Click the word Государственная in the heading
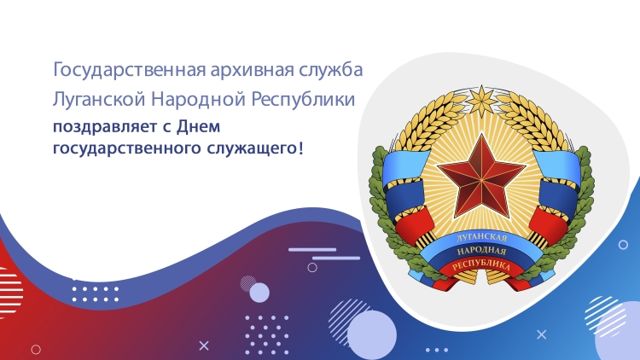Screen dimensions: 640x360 click(x=129, y=70)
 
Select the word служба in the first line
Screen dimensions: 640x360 click(x=330, y=69)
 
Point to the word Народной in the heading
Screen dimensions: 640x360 click(x=198, y=99)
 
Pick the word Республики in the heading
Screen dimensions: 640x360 click(x=302, y=101)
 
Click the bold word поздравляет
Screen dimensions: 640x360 click(x=106, y=127)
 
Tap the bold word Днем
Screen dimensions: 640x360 click(x=198, y=126)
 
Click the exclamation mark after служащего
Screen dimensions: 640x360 click(x=301, y=147)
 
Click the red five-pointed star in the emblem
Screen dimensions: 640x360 click(x=481, y=176)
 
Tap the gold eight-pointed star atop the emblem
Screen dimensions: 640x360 click(x=482, y=100)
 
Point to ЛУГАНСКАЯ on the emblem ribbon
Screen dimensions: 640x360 click(x=481, y=237)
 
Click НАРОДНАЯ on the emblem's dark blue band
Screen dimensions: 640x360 click(x=481, y=251)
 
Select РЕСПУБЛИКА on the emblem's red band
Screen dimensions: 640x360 click(x=481, y=264)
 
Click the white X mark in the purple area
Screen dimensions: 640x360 click(x=204, y=345)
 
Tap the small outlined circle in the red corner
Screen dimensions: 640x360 click(x=36, y=350)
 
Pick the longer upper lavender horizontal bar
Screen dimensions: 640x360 click(x=312, y=249)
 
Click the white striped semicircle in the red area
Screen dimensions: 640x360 click(x=11, y=293)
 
